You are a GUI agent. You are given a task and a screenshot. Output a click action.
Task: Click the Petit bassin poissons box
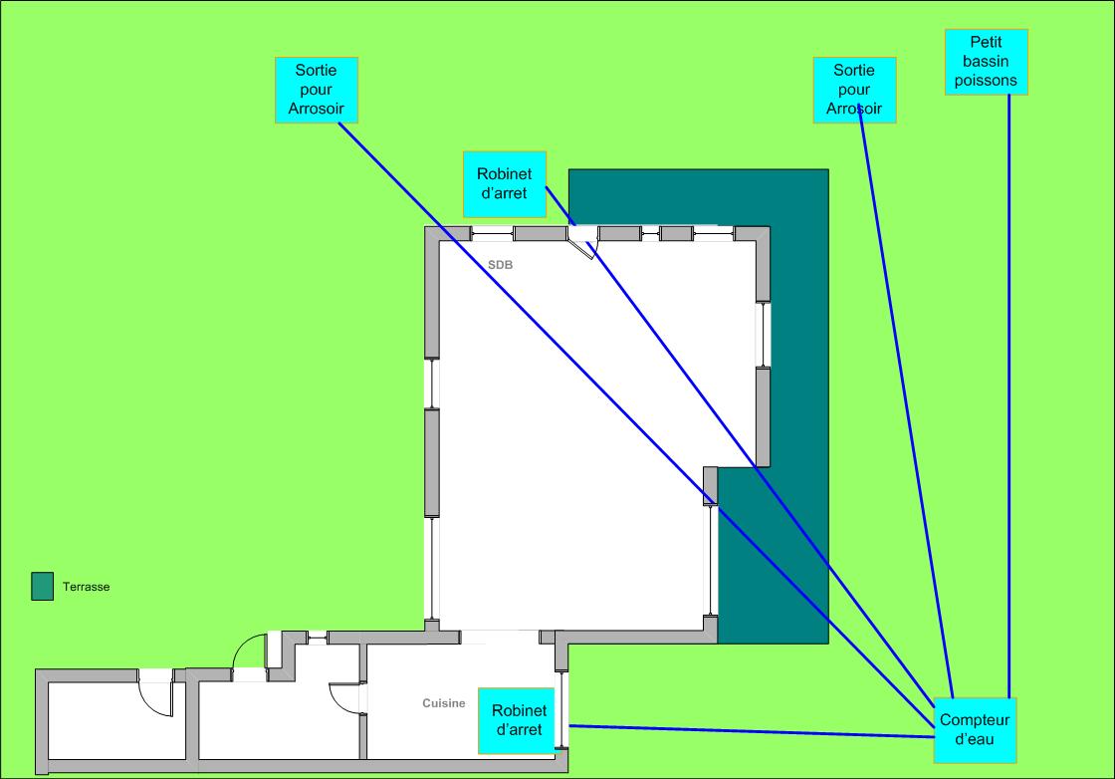tap(986, 62)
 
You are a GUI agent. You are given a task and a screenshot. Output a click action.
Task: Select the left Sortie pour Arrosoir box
tap(316, 90)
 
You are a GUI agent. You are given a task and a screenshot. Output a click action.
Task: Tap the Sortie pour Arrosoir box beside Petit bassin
tap(855, 90)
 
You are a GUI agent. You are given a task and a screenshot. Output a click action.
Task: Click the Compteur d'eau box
tap(974, 730)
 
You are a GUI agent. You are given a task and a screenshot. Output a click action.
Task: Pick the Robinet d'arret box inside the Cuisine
tap(518, 720)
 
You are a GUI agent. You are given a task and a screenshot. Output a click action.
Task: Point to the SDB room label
tap(500, 265)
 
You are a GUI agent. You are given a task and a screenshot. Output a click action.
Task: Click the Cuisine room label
tap(443, 703)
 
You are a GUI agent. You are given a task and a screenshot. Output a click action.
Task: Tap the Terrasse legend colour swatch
tap(42, 587)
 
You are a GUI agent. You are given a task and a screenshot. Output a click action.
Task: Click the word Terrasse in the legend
tap(86, 588)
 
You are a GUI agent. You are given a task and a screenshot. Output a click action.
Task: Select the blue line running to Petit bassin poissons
tap(1008, 398)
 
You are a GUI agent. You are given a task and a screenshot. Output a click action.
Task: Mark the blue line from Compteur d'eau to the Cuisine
tap(747, 731)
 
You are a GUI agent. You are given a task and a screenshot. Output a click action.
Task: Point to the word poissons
tap(986, 82)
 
